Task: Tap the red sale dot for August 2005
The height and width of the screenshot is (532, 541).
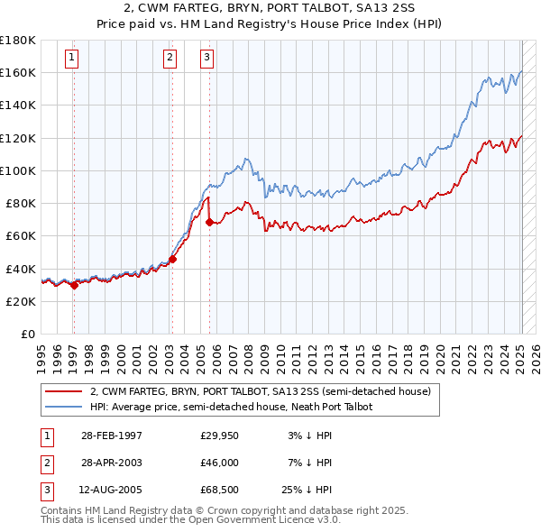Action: [x=209, y=222]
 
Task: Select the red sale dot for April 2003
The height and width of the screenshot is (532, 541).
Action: [x=172, y=259]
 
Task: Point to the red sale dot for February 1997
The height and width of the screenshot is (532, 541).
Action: [x=74, y=285]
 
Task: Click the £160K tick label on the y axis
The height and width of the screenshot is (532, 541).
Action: [x=18, y=72]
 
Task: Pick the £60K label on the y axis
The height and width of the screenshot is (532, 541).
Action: [x=21, y=235]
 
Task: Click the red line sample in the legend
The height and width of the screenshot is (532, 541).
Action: [x=65, y=392]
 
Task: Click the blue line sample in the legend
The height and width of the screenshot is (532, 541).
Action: [x=65, y=407]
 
